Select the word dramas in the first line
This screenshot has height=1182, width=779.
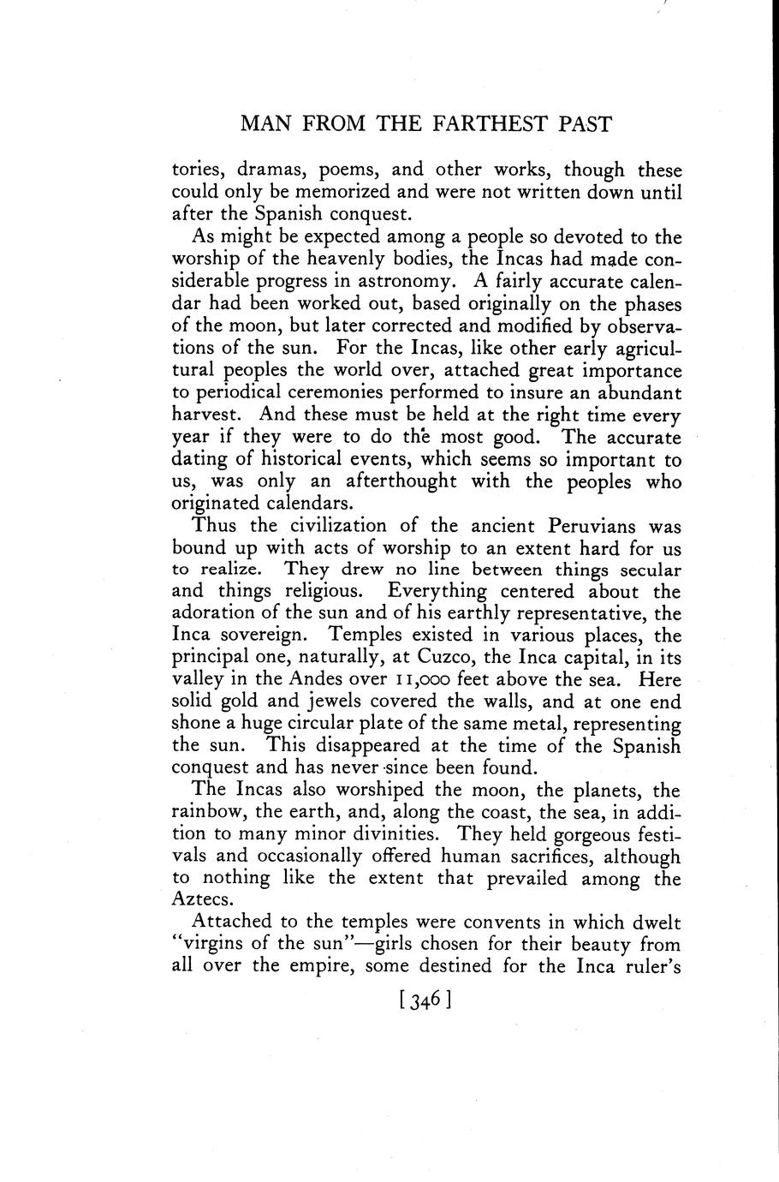[x=270, y=170]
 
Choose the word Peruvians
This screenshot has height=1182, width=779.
[x=574, y=526]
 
